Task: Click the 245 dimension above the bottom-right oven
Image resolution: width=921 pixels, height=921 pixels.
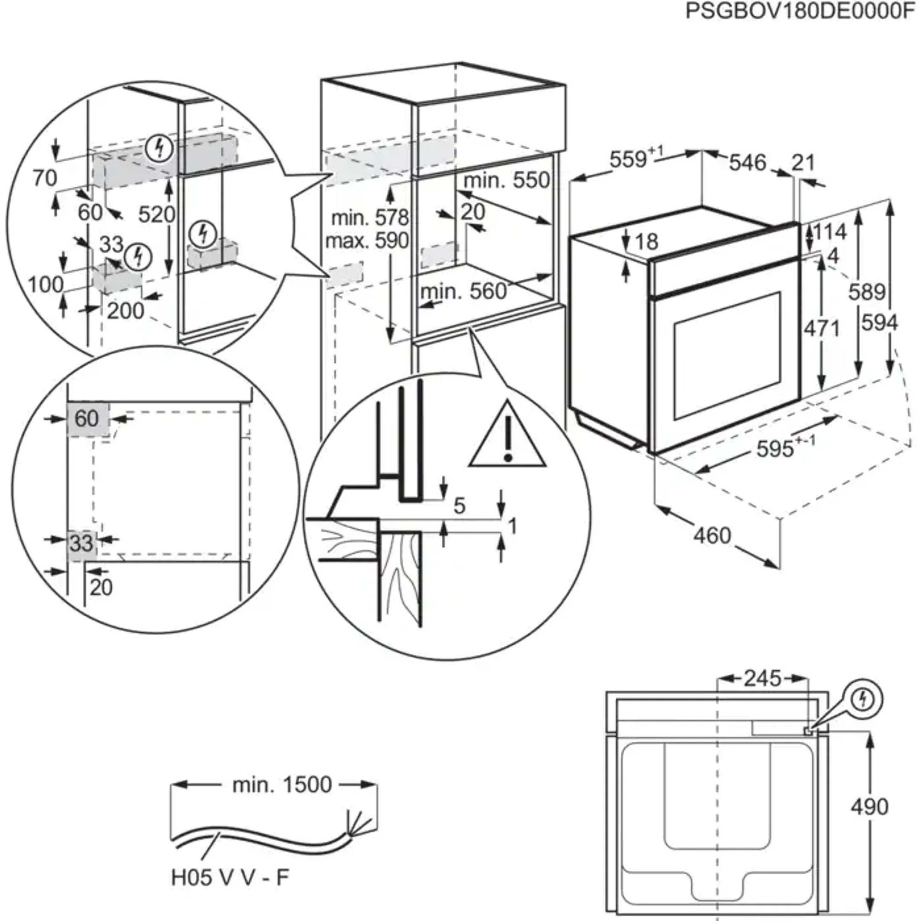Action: [x=762, y=678]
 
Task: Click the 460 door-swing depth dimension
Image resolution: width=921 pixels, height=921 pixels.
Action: [x=712, y=536]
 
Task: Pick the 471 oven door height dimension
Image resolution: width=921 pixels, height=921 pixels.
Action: [x=821, y=328]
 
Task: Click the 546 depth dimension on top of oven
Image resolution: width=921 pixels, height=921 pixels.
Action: [x=747, y=163]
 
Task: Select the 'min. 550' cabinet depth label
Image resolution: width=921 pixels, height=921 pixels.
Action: [x=507, y=181]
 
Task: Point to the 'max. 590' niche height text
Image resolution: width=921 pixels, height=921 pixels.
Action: [x=367, y=241]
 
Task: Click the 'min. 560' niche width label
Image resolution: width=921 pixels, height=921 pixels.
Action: [x=463, y=291]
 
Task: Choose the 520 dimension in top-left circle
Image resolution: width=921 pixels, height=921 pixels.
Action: [x=156, y=214]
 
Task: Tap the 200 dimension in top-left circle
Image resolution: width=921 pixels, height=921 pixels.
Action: [x=125, y=311]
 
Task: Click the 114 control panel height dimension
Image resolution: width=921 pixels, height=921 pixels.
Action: [x=830, y=232]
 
